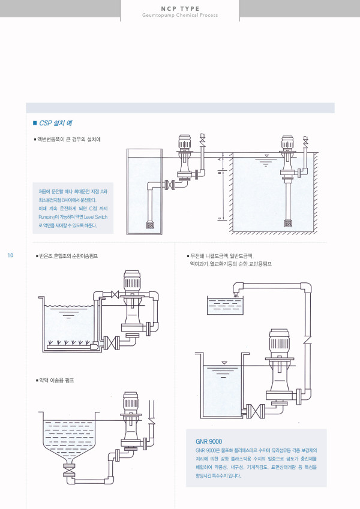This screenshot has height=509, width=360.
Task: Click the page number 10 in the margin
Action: tap(10, 256)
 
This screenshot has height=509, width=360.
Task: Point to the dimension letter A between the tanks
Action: tap(221, 160)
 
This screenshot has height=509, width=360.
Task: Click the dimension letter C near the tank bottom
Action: tap(221, 218)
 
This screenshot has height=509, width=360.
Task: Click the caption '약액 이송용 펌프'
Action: tap(58, 381)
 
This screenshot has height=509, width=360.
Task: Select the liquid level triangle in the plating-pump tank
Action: tap(224, 363)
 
